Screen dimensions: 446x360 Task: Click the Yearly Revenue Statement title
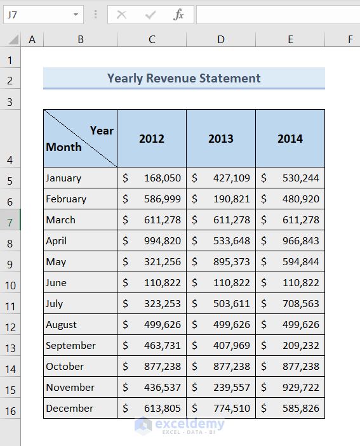183,78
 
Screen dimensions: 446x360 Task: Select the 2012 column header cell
151,138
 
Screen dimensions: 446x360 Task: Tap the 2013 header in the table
220,138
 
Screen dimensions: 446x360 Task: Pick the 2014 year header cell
290,138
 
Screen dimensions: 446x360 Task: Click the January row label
63,178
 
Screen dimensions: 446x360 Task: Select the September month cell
70,345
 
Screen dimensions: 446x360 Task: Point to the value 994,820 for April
162,240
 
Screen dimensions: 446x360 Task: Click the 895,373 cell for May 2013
232,261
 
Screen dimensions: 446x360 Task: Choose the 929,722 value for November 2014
300,387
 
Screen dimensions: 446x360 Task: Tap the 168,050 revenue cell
162,178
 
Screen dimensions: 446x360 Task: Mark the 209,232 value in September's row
300,345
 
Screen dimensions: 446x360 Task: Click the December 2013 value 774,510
232,408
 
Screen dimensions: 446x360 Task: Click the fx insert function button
179,15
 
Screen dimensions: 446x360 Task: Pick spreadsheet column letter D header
220,39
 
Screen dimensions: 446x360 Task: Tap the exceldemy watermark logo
180,425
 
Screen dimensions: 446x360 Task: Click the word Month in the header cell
63,147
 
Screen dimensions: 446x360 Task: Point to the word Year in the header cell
102,130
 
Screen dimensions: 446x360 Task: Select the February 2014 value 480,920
300,199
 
